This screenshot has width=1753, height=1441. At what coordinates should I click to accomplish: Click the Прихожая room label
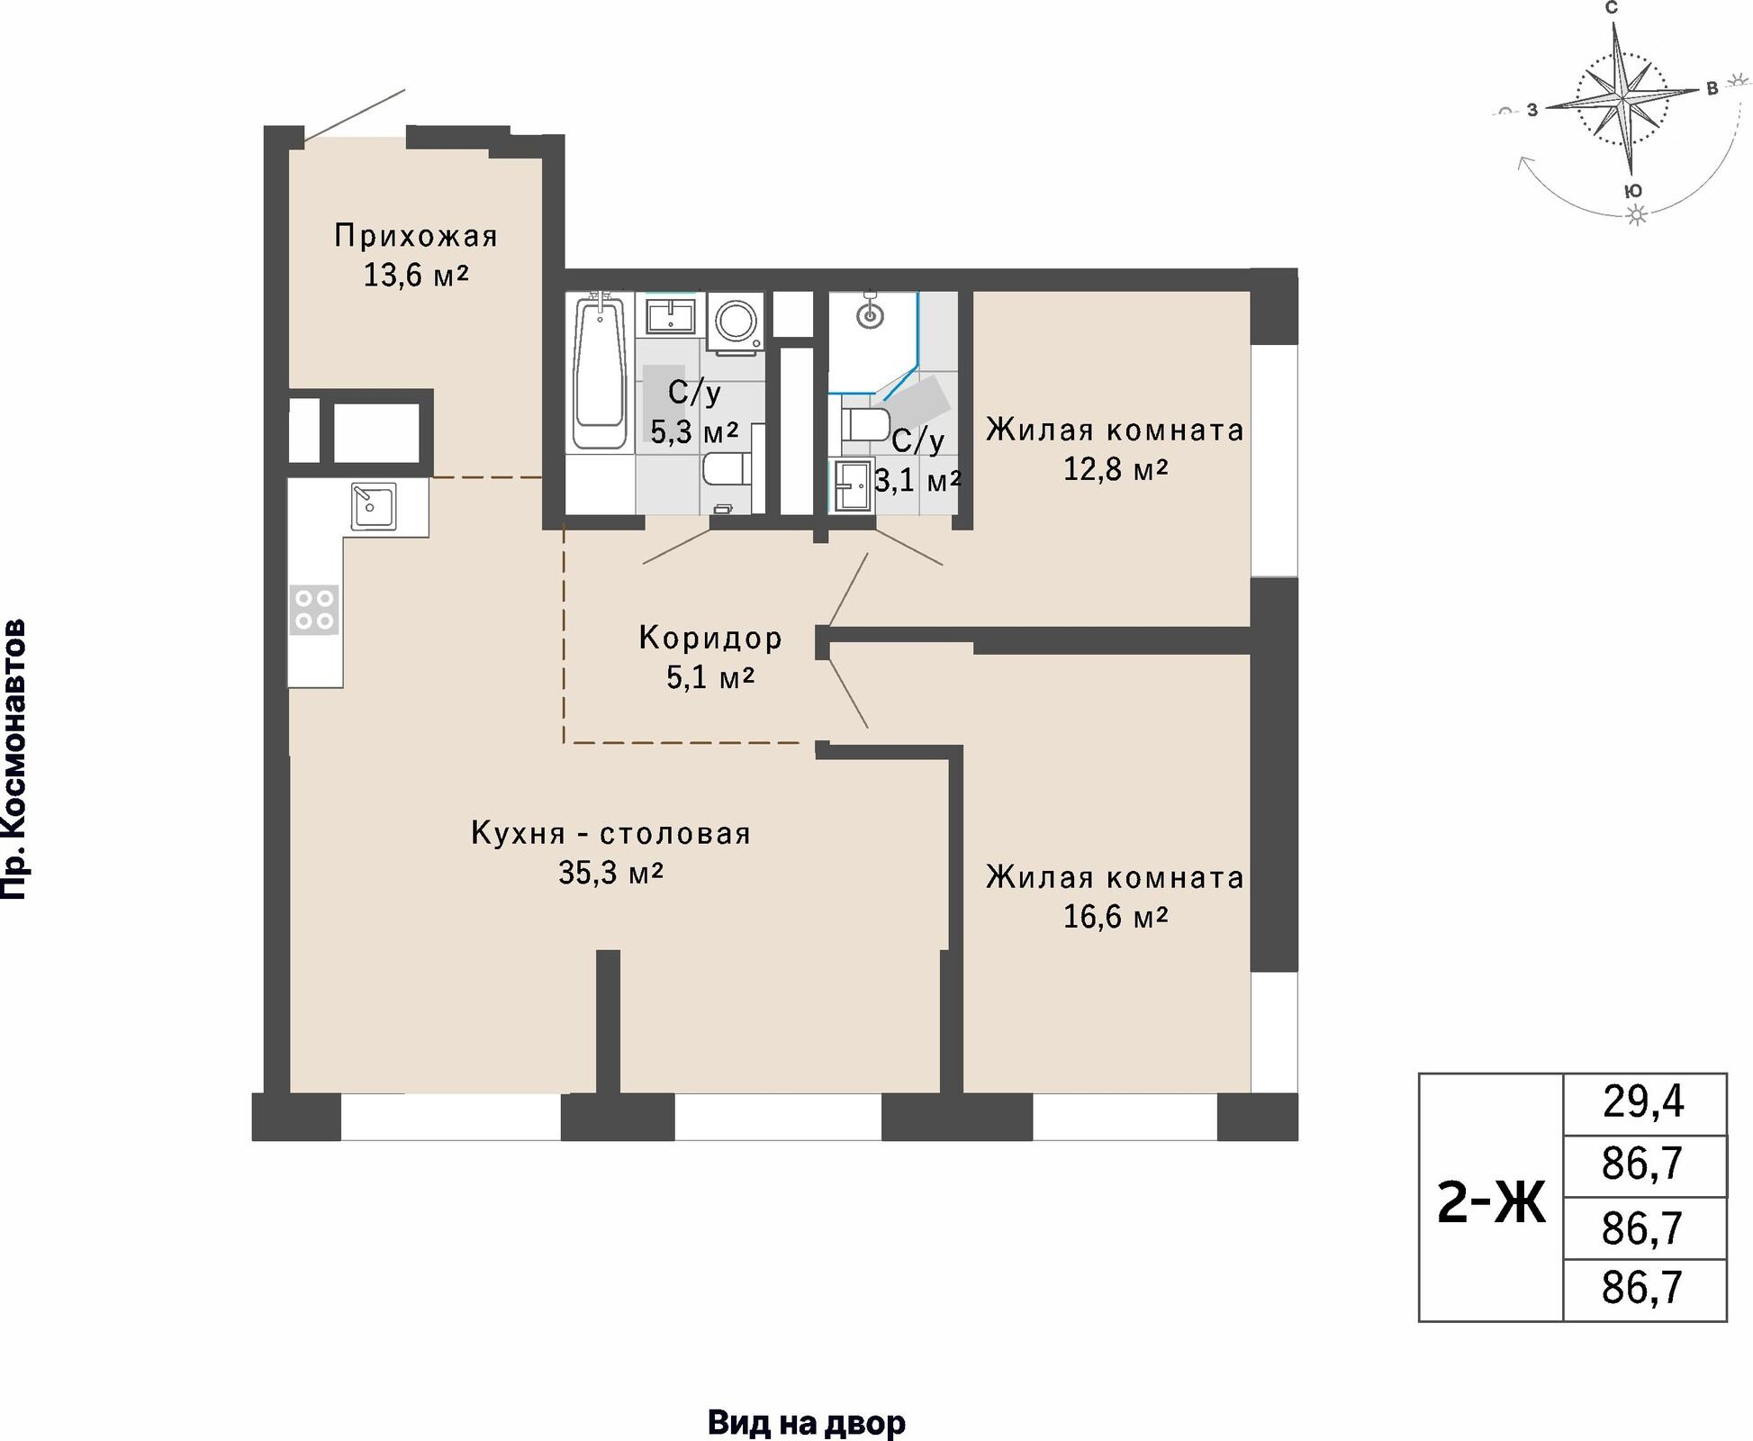click(416, 236)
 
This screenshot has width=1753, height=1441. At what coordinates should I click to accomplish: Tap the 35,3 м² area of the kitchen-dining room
click(611, 873)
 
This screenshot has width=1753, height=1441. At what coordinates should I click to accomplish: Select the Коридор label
click(710, 638)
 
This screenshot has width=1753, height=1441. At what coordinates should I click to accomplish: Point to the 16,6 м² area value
click(1116, 917)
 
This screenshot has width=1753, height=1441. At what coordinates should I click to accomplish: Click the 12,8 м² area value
click(1116, 469)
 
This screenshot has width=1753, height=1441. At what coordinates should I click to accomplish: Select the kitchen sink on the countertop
click(374, 507)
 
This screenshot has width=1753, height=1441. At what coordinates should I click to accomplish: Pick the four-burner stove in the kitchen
click(314, 609)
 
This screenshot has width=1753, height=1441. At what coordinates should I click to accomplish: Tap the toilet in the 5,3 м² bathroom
click(726, 469)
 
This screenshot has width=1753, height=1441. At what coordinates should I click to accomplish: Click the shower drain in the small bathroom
click(871, 316)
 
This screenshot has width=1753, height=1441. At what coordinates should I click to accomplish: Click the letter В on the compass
click(1713, 88)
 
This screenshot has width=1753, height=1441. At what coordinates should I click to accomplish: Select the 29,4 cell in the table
click(1644, 1101)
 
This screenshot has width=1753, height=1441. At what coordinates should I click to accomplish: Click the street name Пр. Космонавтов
click(14, 759)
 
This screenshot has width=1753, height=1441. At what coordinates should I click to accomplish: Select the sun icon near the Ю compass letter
click(1637, 214)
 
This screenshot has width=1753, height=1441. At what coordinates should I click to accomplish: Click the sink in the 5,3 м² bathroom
click(670, 315)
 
